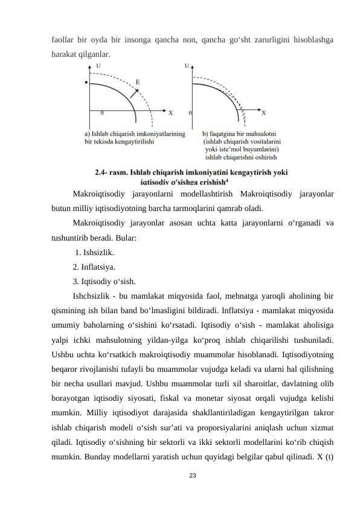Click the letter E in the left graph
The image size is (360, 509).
tap(138, 82)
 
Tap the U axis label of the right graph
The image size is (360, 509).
tap(187, 65)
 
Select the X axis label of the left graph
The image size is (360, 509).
tap(170, 112)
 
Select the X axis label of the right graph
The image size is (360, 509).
tap(264, 112)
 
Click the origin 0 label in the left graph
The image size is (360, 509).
tap(101, 112)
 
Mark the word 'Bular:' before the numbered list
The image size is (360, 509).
tap(124, 238)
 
